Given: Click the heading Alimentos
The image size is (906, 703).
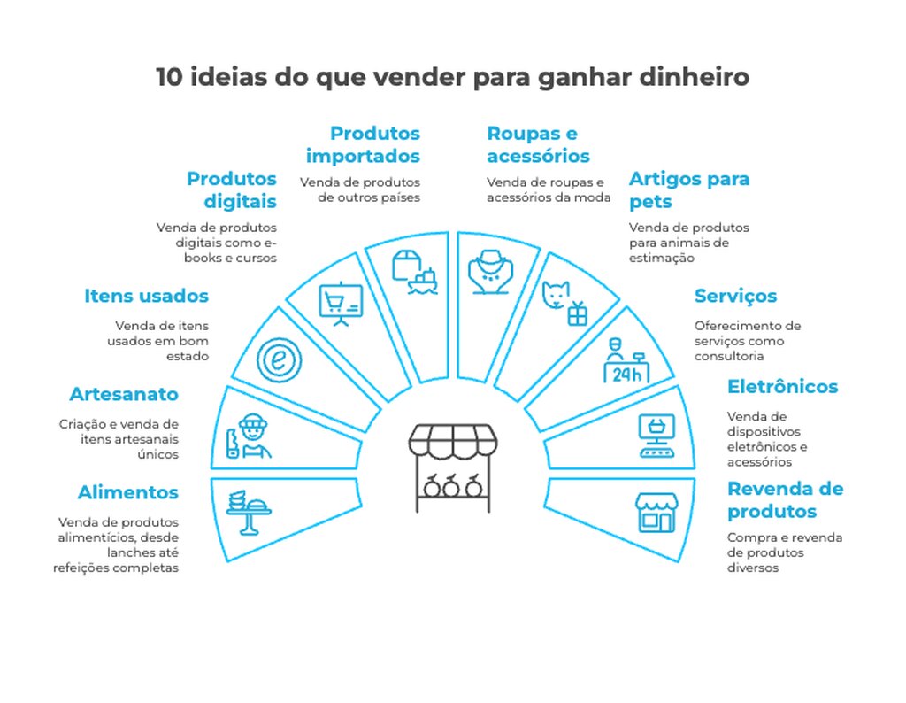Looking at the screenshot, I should click(127, 492).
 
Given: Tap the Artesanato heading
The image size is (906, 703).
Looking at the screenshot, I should click(124, 394).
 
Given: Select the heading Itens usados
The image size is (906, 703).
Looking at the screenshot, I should click(147, 296).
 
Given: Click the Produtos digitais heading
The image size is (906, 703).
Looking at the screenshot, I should click(232, 189).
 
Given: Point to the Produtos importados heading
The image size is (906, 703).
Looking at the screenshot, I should click(363, 144).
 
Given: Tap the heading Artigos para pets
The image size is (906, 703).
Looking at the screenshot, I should click(688, 189).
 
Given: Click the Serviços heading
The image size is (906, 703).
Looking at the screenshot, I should click(735, 296).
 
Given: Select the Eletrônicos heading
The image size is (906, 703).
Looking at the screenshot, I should click(782, 386).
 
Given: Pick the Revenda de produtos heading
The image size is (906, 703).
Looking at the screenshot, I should click(785, 499).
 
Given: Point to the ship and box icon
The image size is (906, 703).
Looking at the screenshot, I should click(415, 271).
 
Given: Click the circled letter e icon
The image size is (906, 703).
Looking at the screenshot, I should click(280, 360).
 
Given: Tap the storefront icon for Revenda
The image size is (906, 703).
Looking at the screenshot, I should click(656, 512).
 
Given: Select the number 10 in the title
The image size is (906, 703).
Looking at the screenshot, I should click(170, 77).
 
